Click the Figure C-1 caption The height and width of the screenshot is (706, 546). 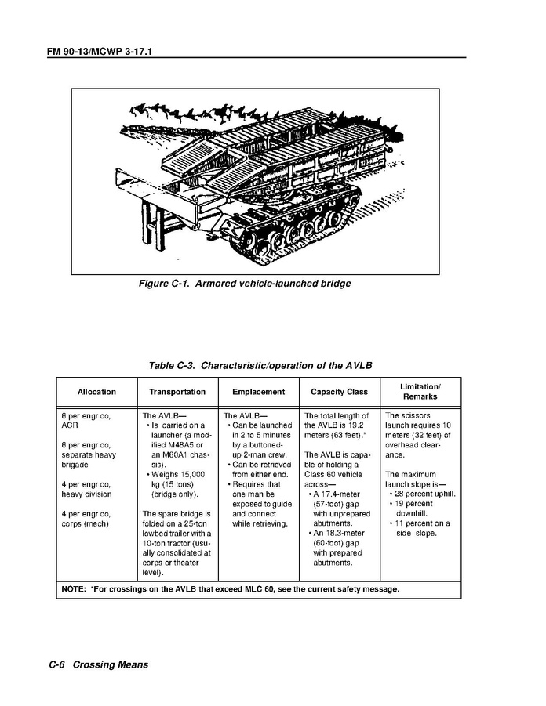(245, 284)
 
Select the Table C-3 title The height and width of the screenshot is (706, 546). (260, 366)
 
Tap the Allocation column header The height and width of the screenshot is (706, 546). (96, 392)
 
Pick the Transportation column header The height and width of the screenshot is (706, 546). (177, 392)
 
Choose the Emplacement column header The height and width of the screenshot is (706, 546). (259, 392)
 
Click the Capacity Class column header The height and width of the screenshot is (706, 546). (339, 392)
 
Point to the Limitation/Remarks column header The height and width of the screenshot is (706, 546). (420, 392)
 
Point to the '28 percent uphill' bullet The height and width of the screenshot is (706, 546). (424, 494)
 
